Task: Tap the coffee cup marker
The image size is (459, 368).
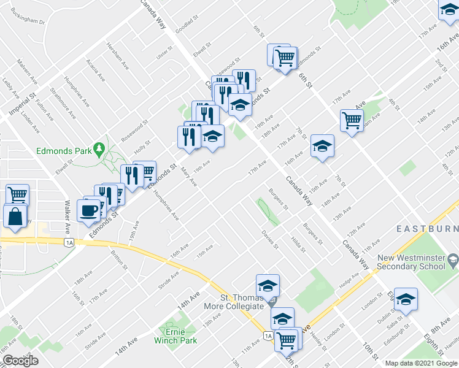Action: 88,210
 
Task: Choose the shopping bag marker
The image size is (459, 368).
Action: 15,217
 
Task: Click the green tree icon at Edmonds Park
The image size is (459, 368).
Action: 98,149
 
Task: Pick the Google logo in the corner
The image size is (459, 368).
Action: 20,361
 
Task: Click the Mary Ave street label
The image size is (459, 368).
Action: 189,177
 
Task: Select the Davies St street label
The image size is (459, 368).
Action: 270,240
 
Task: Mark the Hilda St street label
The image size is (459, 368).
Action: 298,244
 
